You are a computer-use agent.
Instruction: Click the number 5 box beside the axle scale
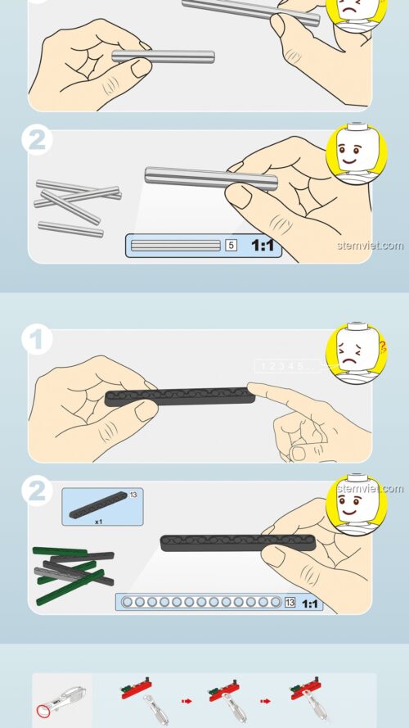pos(231,245)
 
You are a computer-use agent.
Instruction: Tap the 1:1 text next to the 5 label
pos(262,245)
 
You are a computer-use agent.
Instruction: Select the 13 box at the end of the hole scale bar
pos(290,604)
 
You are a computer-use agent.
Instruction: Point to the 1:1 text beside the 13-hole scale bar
pos(310,604)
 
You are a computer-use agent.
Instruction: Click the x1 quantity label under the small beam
pos(98,521)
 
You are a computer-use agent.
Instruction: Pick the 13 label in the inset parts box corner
pos(133,495)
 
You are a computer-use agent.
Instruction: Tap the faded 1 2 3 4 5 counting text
pos(282,366)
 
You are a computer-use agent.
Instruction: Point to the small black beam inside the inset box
pos(98,508)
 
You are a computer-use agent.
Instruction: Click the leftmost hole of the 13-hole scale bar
pos(127,604)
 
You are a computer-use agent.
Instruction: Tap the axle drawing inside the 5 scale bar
pos(176,245)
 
